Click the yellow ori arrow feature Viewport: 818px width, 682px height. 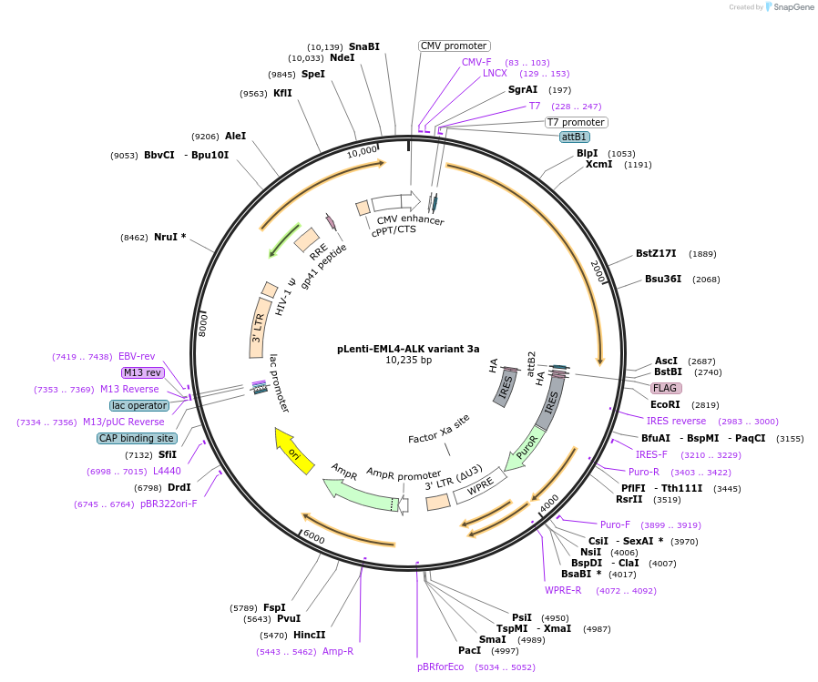point(293,451)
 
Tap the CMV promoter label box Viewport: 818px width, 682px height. point(454,46)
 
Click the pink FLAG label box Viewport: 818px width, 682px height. point(665,388)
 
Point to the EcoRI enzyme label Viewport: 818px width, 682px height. point(665,404)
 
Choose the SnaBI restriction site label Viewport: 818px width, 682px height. point(363,46)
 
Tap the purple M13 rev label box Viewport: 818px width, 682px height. point(141,372)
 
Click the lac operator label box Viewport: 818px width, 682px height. point(139,405)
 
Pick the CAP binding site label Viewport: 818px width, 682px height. point(137,438)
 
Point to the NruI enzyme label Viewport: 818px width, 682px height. point(169,237)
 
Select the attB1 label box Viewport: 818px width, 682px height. point(574,137)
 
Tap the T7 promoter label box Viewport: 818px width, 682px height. point(576,122)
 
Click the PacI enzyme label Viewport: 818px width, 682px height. point(469,650)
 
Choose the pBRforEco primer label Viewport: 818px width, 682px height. point(440,667)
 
